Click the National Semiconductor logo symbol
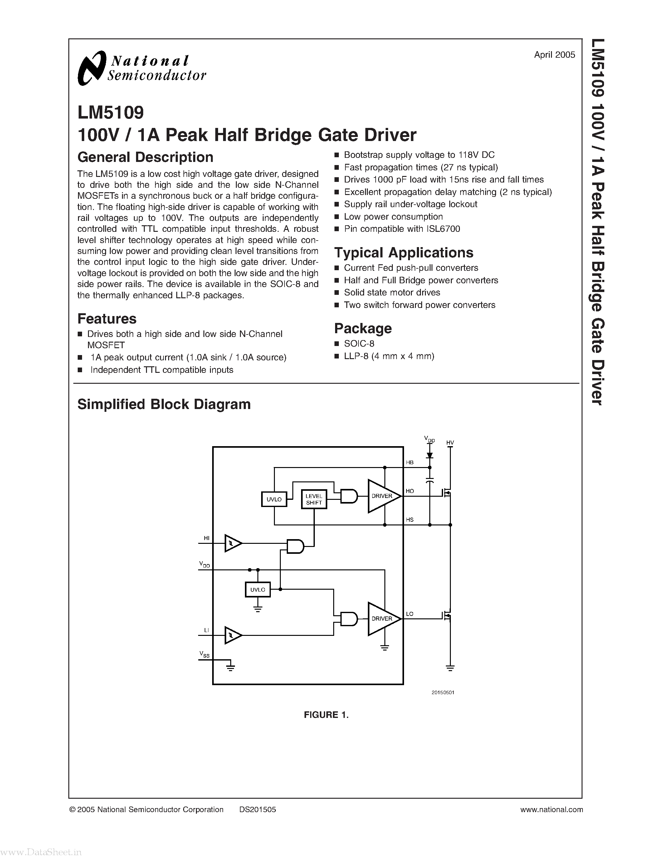(92, 68)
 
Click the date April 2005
(554, 55)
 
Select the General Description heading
(145, 157)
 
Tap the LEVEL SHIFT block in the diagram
(314, 499)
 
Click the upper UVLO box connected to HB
(274, 499)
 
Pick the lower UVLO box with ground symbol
(258, 590)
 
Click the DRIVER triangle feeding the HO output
(382, 496)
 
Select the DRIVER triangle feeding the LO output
(382, 618)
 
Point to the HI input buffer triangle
(232, 543)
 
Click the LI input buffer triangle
(232, 635)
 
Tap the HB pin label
(410, 462)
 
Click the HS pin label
(410, 520)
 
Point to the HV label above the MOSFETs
(450, 443)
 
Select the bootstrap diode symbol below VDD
(430, 455)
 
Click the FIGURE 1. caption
(326, 714)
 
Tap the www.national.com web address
(551, 809)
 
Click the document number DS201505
(258, 809)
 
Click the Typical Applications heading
(403, 253)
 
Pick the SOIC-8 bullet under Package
(359, 344)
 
